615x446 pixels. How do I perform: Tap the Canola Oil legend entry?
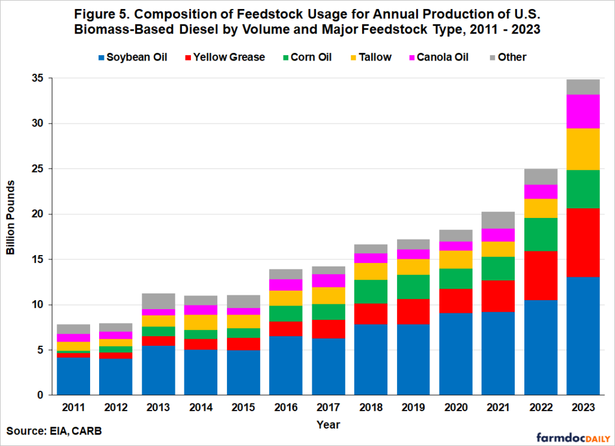click(x=437, y=58)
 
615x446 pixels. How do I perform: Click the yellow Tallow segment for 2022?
click(x=541, y=208)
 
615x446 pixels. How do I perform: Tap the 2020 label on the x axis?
click(x=455, y=408)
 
